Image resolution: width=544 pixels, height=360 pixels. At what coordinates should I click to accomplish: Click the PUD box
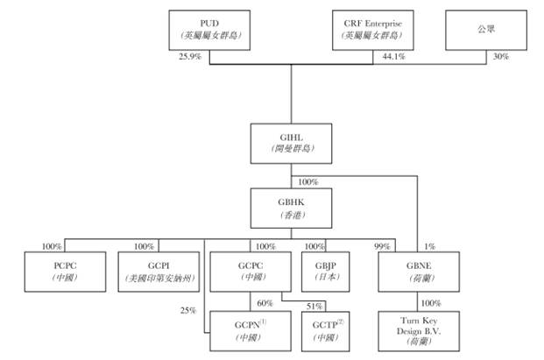209,30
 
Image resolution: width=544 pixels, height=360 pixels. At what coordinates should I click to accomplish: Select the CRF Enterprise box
373,30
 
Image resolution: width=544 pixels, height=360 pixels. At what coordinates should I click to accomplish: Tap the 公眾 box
486,30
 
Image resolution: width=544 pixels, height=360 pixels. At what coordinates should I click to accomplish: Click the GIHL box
291,144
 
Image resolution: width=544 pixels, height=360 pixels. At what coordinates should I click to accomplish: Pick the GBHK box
291,208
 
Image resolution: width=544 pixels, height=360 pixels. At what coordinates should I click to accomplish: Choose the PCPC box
65,272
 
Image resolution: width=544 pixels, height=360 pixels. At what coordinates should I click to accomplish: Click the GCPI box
159,272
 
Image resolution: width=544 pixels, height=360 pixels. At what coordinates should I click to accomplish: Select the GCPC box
251,272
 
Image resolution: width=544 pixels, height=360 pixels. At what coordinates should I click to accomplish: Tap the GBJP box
325,272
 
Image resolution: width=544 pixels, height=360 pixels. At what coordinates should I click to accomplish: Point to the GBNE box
419,272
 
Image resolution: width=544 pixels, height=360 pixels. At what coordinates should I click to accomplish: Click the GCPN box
251,331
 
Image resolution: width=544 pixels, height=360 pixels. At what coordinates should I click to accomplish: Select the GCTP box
325,331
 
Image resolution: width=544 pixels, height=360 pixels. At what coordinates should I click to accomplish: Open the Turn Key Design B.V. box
419,331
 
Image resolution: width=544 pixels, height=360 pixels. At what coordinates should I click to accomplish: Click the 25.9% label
190,57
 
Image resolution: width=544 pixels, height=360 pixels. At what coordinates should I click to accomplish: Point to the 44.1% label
394,57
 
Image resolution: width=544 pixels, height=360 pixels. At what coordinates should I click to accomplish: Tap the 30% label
501,57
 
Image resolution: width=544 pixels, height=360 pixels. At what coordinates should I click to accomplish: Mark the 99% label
382,247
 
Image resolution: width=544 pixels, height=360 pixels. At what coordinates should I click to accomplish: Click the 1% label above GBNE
430,247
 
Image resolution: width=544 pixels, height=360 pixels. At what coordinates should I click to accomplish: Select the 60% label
265,303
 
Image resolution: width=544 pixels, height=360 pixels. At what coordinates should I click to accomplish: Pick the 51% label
314,306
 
